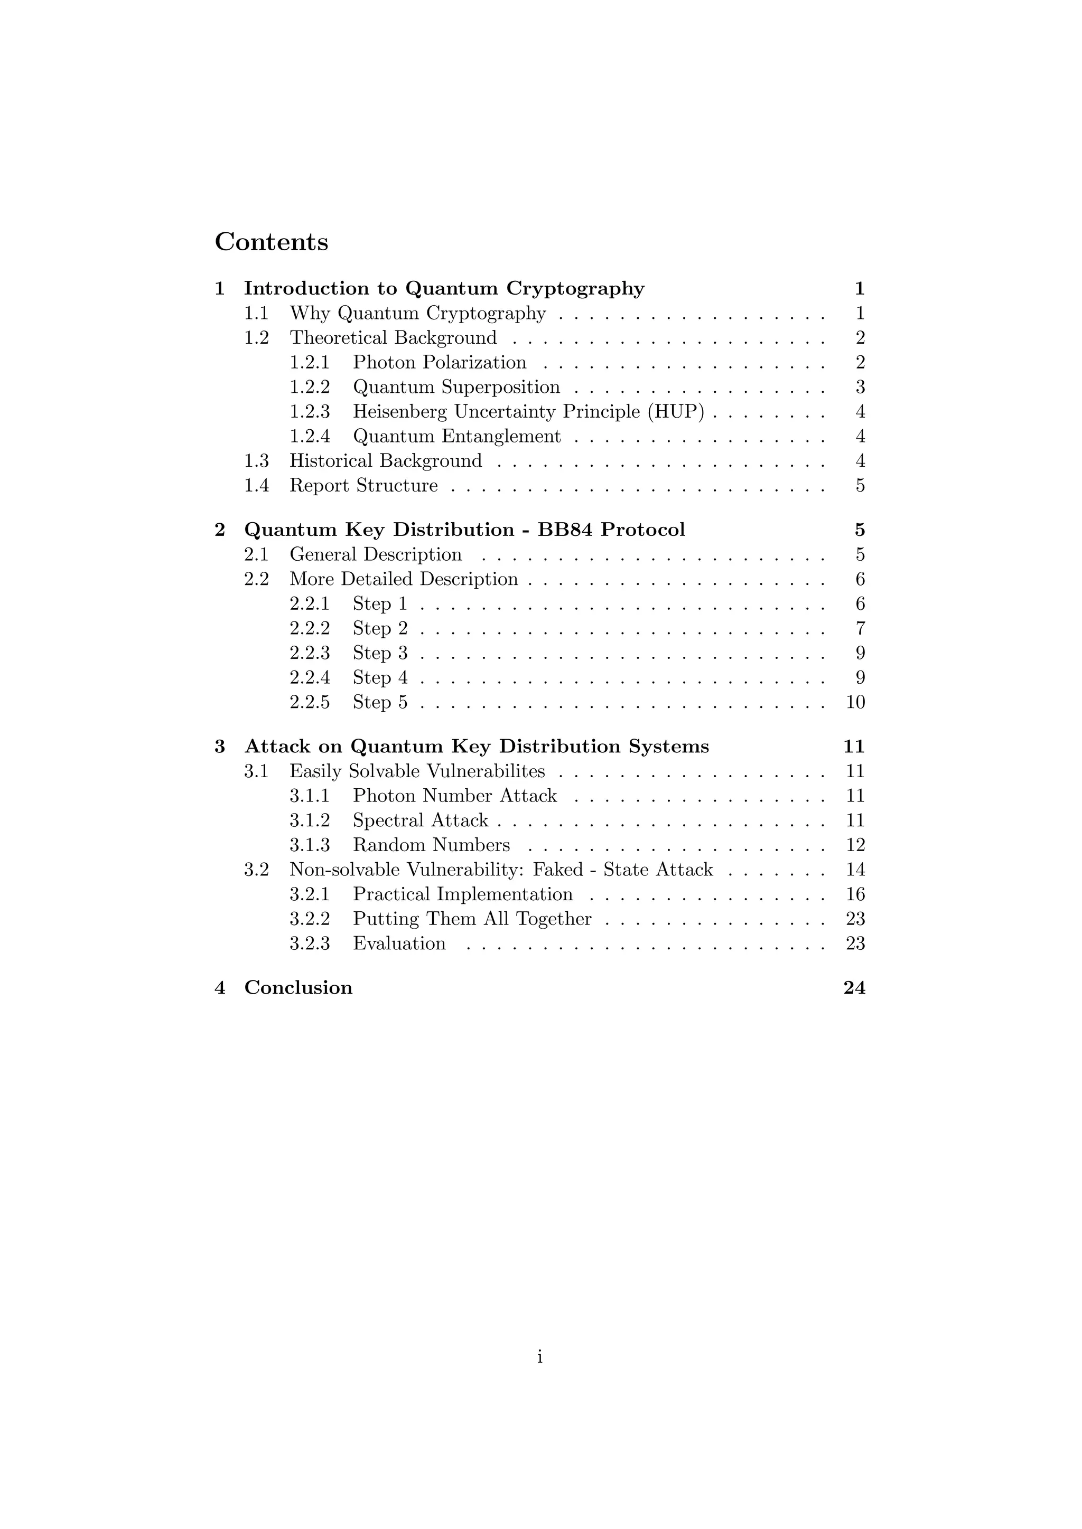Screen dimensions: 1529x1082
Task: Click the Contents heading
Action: (271, 242)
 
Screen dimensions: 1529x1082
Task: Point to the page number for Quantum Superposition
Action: (860, 388)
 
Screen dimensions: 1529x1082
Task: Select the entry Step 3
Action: (380, 653)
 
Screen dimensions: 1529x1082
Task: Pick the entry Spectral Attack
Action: (421, 821)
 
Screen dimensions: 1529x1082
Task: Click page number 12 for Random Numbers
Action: (855, 846)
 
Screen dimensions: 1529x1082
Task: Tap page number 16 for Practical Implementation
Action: (855, 895)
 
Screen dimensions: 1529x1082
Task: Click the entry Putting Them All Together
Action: (472, 920)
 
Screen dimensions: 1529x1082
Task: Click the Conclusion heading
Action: (298, 988)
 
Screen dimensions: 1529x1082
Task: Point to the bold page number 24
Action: (854, 988)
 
